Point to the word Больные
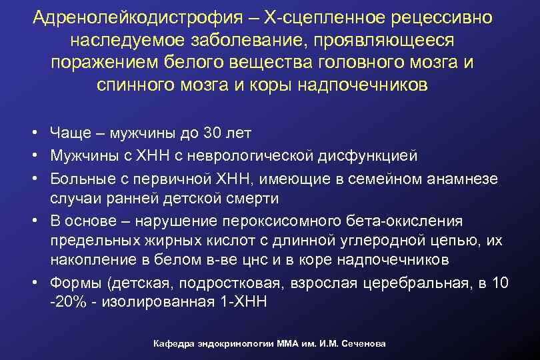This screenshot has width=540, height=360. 81,178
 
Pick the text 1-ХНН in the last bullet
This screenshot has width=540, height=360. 241,302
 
